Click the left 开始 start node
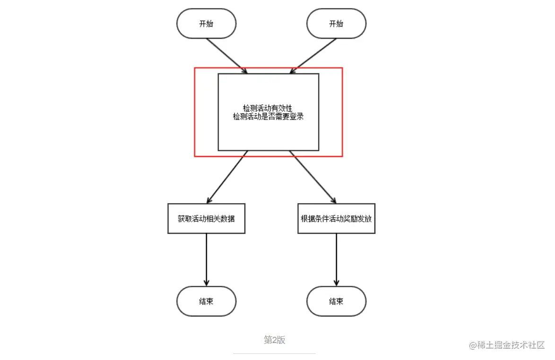click(206, 23)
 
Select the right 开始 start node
click(336, 23)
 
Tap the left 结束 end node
click(206, 301)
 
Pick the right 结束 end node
click(336, 301)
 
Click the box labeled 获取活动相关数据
click(206, 219)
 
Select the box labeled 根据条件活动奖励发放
click(336, 219)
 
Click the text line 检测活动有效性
click(268, 109)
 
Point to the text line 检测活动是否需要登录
click(268, 117)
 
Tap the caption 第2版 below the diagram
click(274, 340)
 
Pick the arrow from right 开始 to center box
click(314, 55)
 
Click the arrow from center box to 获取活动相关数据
click(227, 177)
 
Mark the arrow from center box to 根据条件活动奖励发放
click(313, 177)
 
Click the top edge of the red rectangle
click(268, 68)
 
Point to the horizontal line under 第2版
click(274, 353)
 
